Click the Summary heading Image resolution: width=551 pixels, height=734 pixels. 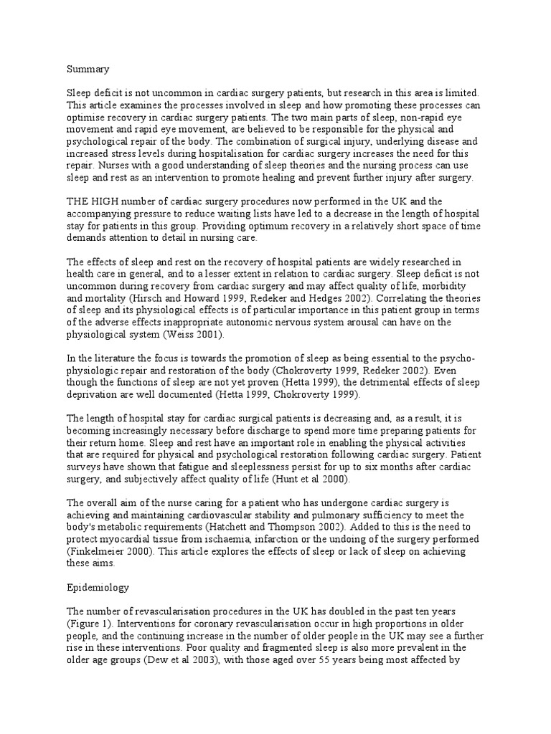tap(88, 70)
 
